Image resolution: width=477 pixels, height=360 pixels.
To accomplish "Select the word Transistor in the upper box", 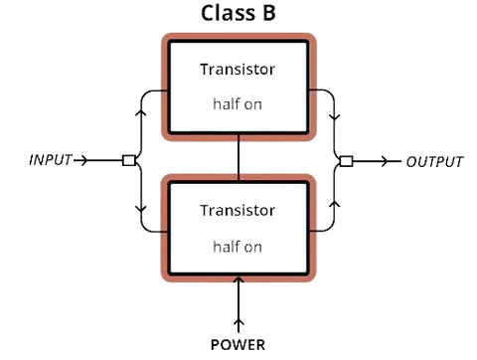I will click(238, 70).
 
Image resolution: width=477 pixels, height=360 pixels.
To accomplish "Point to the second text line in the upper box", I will click(238, 103).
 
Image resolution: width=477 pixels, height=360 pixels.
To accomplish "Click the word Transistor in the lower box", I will click(238, 211).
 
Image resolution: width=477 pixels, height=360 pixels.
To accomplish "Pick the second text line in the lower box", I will click(238, 245).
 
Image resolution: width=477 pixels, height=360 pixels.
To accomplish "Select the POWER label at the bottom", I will click(238, 344).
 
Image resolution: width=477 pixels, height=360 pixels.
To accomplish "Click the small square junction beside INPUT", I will click(129, 158).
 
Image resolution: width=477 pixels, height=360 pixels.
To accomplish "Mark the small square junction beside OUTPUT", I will click(345, 159).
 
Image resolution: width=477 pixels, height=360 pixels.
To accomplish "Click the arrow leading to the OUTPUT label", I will click(376, 159).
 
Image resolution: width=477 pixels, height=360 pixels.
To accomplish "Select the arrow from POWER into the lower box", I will click(238, 303).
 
